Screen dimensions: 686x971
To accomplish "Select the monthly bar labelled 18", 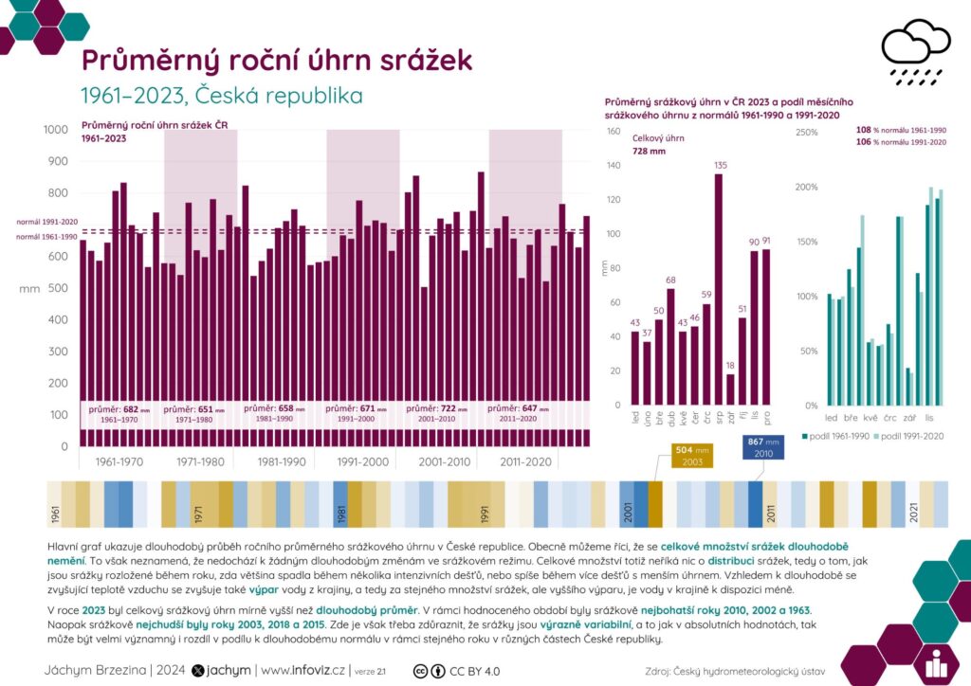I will (730, 389).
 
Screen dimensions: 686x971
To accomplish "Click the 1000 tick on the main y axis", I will (55, 130).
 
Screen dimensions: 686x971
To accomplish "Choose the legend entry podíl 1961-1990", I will (840, 436).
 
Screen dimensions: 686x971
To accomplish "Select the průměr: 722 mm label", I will (439, 408).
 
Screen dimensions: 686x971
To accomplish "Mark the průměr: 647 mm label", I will (521, 408).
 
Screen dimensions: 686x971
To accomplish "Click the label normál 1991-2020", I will (46, 222).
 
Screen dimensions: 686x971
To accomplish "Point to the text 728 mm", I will (650, 151).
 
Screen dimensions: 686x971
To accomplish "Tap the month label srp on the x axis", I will (719, 416).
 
